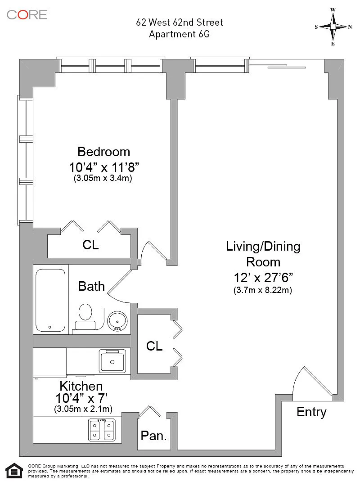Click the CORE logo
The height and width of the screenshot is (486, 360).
(27, 14)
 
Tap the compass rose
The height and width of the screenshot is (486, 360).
(333, 27)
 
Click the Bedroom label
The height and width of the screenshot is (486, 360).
(103, 152)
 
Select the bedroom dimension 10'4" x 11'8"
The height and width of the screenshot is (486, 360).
(103, 167)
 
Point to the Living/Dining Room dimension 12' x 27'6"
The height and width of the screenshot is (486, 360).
(263, 278)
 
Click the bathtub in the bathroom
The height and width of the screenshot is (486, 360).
(50, 300)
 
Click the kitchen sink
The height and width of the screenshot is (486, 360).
(112, 361)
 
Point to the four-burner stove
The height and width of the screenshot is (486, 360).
(102, 430)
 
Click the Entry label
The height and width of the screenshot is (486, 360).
(311, 412)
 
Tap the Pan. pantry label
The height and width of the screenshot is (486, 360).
(154, 436)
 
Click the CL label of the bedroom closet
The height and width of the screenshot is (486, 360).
(90, 245)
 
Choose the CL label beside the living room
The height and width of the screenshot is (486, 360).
(154, 346)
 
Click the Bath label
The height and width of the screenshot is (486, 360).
(91, 286)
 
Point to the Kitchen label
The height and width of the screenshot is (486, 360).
(81, 386)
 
